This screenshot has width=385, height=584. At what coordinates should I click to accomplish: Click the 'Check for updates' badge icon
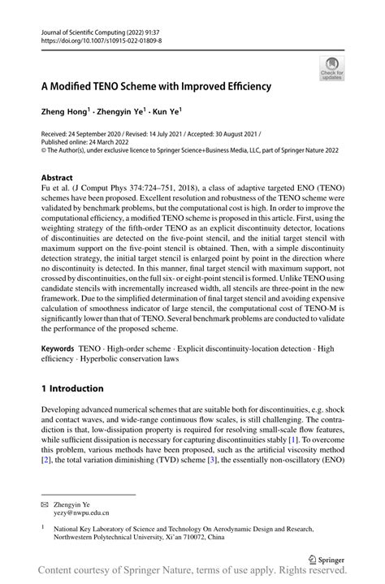(331, 68)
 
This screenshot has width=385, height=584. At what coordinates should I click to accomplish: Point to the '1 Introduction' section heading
(80, 389)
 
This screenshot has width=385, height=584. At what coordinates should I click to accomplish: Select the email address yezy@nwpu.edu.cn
(82, 513)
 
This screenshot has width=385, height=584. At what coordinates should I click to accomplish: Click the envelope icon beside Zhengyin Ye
(45, 504)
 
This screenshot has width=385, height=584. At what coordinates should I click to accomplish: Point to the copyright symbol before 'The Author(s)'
(44, 148)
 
